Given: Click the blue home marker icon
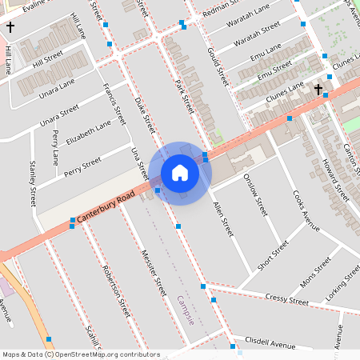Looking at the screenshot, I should tap(180, 172).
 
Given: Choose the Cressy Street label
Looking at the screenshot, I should tap(286, 300).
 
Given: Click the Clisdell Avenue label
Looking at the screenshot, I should tap(270, 342).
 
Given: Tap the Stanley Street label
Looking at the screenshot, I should tap(33, 183).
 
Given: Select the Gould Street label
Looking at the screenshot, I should tap(217, 66).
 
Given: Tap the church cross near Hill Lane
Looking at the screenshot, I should tap(10, 27).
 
